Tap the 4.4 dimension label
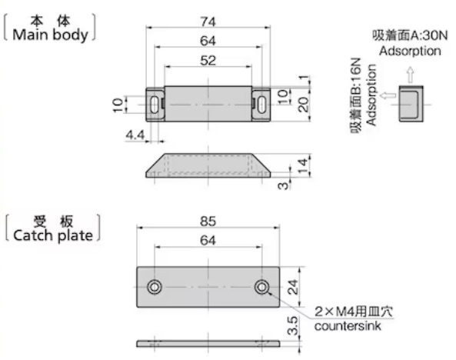[x=135, y=135]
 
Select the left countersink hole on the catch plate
[x=156, y=287]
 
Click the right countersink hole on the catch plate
[x=262, y=287]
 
